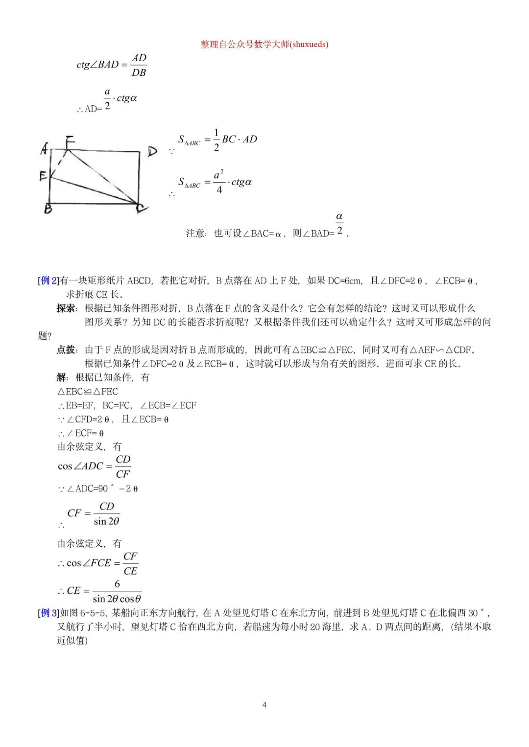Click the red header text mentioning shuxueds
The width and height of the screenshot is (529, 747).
point(264,45)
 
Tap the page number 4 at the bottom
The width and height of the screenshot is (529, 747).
point(264,705)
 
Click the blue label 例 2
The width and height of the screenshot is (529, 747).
point(48,280)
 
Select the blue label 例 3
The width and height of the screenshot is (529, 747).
point(48,613)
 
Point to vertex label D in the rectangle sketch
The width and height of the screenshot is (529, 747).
point(152,151)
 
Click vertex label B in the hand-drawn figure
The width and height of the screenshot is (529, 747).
point(48,209)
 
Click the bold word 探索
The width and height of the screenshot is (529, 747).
point(66,308)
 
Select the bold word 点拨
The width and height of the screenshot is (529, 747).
point(66,350)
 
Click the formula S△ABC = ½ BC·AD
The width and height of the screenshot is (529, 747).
point(217,140)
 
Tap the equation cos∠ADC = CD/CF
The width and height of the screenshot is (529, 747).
point(95,467)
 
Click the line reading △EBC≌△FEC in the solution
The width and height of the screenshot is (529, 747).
point(88,392)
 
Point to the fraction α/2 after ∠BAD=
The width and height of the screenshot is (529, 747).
point(339,224)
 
